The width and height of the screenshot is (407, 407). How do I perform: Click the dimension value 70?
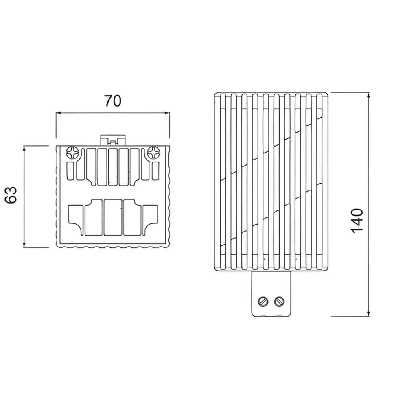[113, 101]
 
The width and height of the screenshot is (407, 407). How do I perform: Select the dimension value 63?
[11, 195]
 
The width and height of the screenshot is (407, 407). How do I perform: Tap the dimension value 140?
[357, 221]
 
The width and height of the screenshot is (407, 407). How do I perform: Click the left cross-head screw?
[72, 152]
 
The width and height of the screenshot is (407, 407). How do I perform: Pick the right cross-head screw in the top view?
[154, 152]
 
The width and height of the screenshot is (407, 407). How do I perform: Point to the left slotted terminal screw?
[263, 301]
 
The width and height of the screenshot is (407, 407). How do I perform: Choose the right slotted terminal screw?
[279, 301]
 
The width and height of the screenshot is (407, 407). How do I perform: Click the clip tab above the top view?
[113, 140]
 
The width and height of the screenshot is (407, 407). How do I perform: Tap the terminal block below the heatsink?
[271, 294]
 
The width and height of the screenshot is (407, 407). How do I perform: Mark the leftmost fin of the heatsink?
[223, 182]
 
